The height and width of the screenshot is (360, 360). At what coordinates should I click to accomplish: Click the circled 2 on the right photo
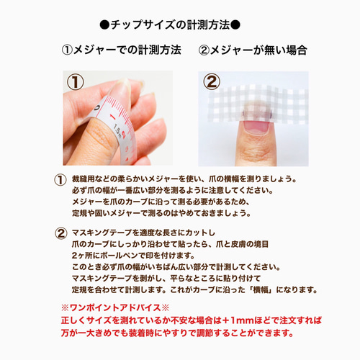212,83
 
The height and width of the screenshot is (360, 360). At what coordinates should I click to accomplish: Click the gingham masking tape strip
278,101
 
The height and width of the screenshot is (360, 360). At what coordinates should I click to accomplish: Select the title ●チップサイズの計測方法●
179,25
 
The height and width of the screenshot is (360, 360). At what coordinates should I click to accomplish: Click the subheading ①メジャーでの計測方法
120,51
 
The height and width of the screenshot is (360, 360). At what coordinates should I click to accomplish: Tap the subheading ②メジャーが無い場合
252,51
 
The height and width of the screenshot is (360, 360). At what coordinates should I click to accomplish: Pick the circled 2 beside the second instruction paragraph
60,233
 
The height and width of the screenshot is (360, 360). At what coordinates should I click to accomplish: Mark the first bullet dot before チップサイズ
105,25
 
